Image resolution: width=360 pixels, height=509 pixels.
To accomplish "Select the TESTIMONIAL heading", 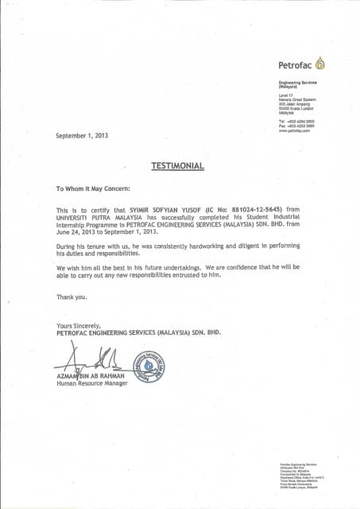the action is click(178, 165).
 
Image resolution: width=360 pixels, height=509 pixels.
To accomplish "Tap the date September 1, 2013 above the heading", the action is click(82, 135).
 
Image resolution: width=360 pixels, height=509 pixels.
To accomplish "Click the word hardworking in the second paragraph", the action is click(203, 248).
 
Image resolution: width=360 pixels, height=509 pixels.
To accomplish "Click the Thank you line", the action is click(71, 297).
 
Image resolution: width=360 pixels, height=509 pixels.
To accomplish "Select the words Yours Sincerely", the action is click(79, 326).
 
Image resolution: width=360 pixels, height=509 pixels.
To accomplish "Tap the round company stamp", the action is click(149, 367).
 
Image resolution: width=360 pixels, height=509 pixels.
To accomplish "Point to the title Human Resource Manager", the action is click(92, 384).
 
